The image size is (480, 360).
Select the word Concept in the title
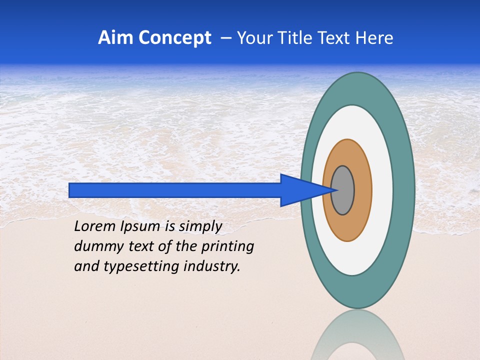point(174,38)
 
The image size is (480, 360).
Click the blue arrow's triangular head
point(300,190)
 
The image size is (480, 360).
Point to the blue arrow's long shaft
point(175,190)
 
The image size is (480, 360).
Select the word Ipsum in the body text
point(141,226)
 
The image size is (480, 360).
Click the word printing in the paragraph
point(229,246)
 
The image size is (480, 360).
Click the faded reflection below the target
point(357,337)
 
